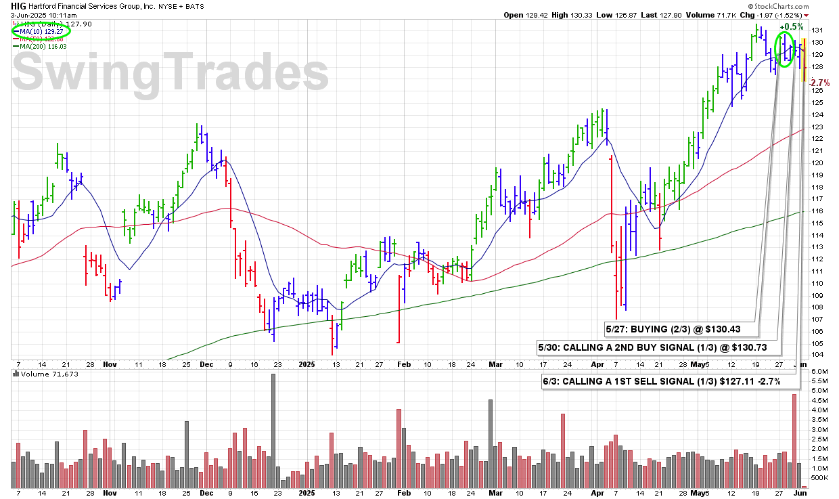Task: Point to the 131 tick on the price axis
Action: click(x=817, y=30)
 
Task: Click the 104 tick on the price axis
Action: click(x=817, y=355)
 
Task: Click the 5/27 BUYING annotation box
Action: click(x=681, y=329)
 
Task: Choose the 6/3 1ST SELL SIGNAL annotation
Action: click(x=662, y=381)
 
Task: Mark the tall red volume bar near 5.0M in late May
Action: click(x=794, y=441)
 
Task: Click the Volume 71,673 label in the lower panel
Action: click(x=40, y=374)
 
